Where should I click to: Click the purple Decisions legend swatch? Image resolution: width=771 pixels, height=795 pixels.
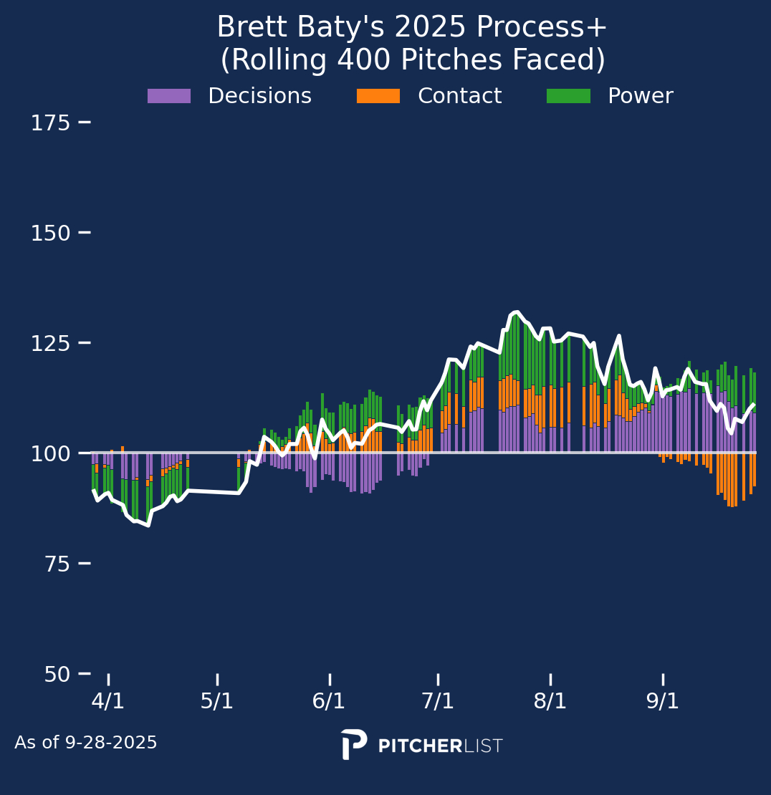(x=169, y=96)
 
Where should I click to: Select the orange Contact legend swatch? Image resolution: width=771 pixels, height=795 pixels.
(x=378, y=96)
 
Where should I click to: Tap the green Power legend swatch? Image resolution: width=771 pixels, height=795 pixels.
(x=568, y=96)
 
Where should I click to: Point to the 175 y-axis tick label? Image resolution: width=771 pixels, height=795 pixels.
(x=50, y=123)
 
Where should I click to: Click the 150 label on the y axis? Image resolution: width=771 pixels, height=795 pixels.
(x=50, y=233)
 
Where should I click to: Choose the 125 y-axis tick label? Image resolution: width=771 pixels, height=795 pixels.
(x=50, y=344)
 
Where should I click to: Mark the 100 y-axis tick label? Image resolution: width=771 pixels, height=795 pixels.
(x=50, y=454)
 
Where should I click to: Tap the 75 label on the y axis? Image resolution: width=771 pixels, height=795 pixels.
(x=57, y=564)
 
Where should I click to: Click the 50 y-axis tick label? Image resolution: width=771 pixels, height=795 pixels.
(x=57, y=675)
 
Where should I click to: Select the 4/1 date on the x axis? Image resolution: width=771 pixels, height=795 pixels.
(x=108, y=701)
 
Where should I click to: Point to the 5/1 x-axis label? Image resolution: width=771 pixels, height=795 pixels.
(x=217, y=701)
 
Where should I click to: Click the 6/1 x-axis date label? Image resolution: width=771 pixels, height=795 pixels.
(x=329, y=701)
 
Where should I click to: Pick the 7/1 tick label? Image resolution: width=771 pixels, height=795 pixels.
(x=438, y=701)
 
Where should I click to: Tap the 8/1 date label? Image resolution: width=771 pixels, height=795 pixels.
(x=550, y=701)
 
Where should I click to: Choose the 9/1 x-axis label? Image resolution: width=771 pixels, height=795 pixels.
(x=663, y=701)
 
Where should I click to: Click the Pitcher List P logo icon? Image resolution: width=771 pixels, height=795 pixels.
(x=354, y=744)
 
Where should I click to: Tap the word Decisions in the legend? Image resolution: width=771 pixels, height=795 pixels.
(x=259, y=96)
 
